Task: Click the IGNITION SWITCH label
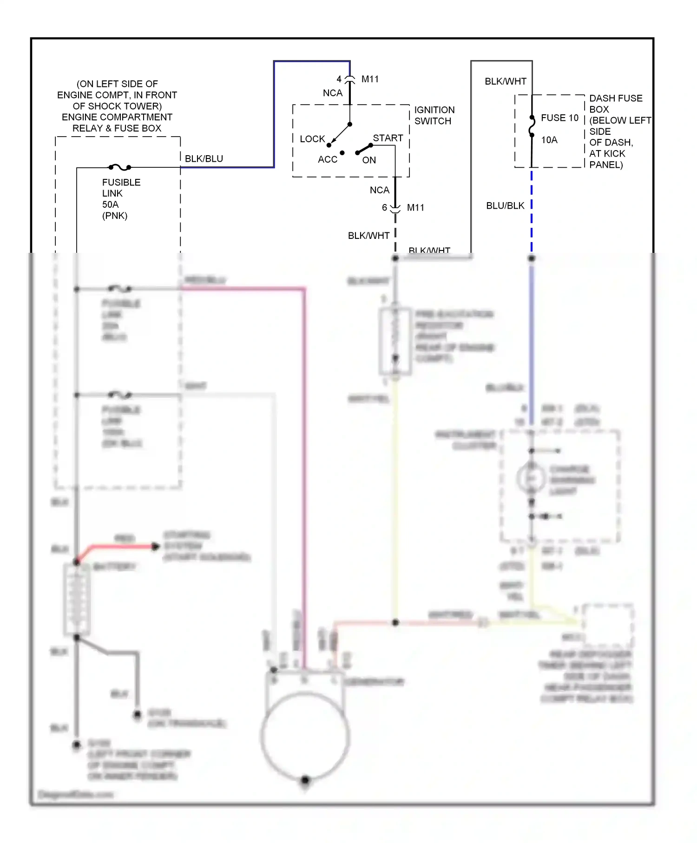point(434,115)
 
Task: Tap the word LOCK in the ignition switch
point(312,139)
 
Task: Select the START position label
point(388,138)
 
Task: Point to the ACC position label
point(327,159)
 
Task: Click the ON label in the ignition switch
point(369,160)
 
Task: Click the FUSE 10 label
point(559,118)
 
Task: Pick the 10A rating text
point(549,140)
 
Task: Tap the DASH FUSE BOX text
point(615,104)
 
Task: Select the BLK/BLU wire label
point(204,158)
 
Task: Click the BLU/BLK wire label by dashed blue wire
point(505,205)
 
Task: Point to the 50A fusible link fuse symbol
point(120,167)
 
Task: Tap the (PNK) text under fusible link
point(114,215)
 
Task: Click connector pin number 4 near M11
point(339,79)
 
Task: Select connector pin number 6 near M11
point(384,207)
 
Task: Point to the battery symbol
point(77,599)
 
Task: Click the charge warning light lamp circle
point(531,477)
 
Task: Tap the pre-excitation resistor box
point(395,341)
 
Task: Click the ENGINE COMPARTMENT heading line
point(117,117)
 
